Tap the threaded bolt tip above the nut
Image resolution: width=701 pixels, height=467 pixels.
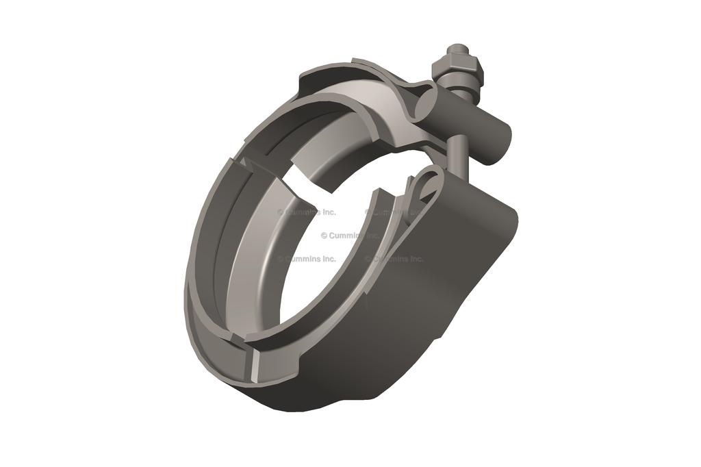point(456,50)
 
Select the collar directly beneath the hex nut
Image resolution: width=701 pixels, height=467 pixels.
point(460,85)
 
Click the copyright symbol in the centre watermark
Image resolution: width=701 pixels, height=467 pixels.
point(324,236)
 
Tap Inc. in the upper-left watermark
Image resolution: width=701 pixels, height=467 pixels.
point(327,212)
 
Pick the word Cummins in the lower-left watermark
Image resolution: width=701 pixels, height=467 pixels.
point(302,259)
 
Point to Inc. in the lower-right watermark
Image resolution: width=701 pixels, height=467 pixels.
point(415,259)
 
